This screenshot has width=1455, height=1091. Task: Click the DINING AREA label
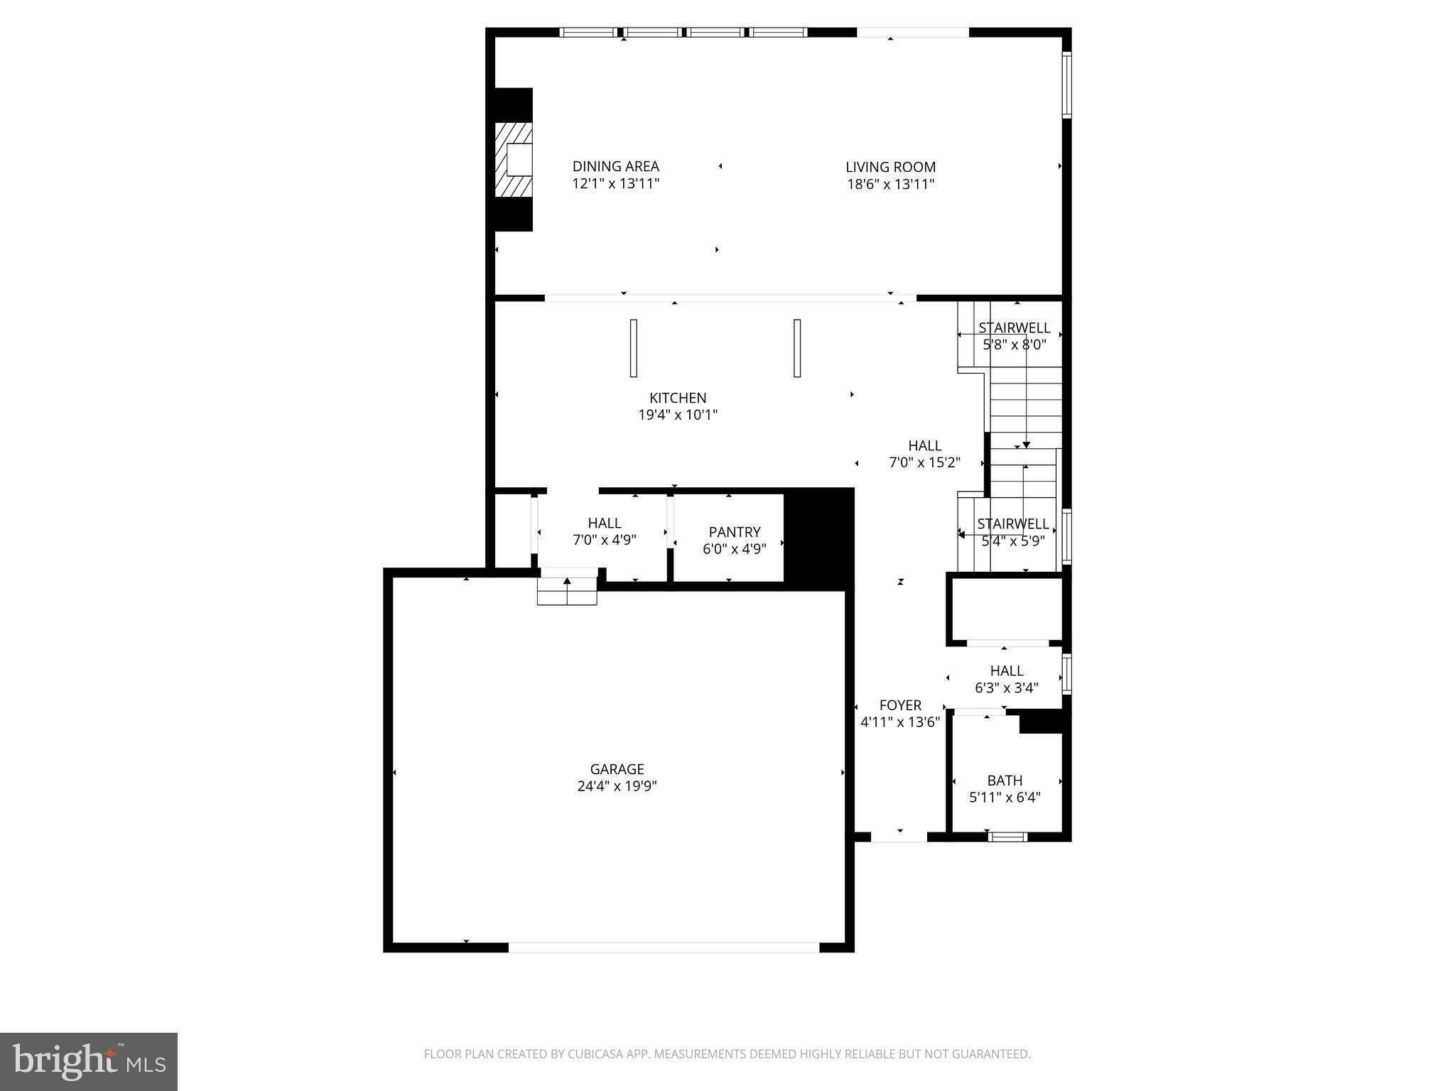pyautogui.click(x=615, y=166)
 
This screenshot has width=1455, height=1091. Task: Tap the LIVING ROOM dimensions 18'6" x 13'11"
pyautogui.click(x=890, y=185)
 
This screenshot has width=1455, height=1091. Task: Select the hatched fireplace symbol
pyautogui.click(x=514, y=160)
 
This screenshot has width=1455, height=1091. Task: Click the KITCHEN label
pyautogui.click(x=678, y=398)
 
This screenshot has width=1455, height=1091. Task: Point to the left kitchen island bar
pyautogui.click(x=633, y=348)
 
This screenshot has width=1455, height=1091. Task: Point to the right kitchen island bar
pyautogui.click(x=797, y=348)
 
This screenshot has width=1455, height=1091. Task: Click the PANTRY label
pyautogui.click(x=734, y=532)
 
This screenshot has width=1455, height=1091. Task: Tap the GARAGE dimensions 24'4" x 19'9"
pyautogui.click(x=617, y=786)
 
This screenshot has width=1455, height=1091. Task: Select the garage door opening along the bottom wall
pyautogui.click(x=664, y=948)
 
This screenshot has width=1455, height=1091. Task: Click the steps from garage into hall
pyautogui.click(x=567, y=591)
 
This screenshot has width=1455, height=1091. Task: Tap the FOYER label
pyautogui.click(x=900, y=705)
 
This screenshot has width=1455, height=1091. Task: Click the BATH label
pyautogui.click(x=1005, y=780)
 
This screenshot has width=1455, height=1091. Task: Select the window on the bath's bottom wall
pyautogui.click(x=1008, y=837)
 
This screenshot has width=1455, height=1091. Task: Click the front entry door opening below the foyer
pyautogui.click(x=899, y=837)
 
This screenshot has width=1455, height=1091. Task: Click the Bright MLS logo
pyautogui.click(x=89, y=1061)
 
